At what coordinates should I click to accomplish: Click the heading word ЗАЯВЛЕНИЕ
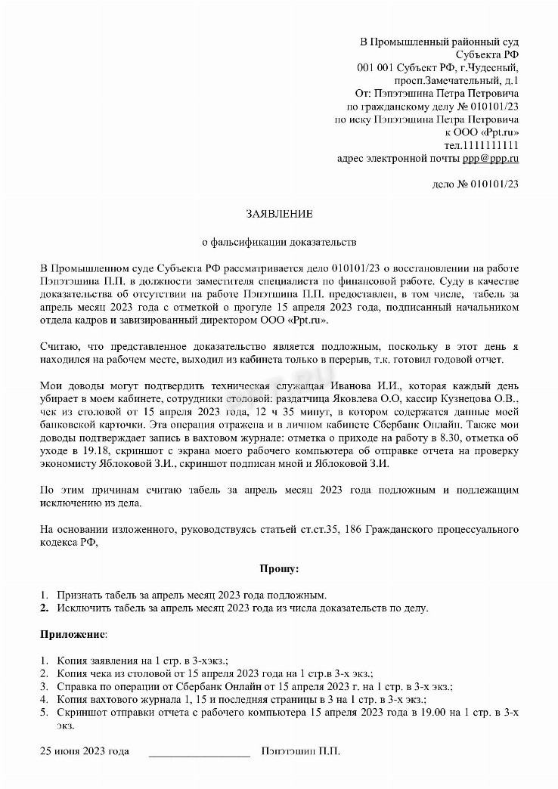click(279, 215)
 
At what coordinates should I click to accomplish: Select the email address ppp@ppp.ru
click(491, 158)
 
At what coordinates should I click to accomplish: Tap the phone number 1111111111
click(491, 145)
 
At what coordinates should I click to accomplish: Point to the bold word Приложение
click(73, 632)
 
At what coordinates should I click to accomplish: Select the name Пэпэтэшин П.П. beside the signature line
click(300, 751)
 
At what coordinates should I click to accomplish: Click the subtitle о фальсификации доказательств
click(279, 243)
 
